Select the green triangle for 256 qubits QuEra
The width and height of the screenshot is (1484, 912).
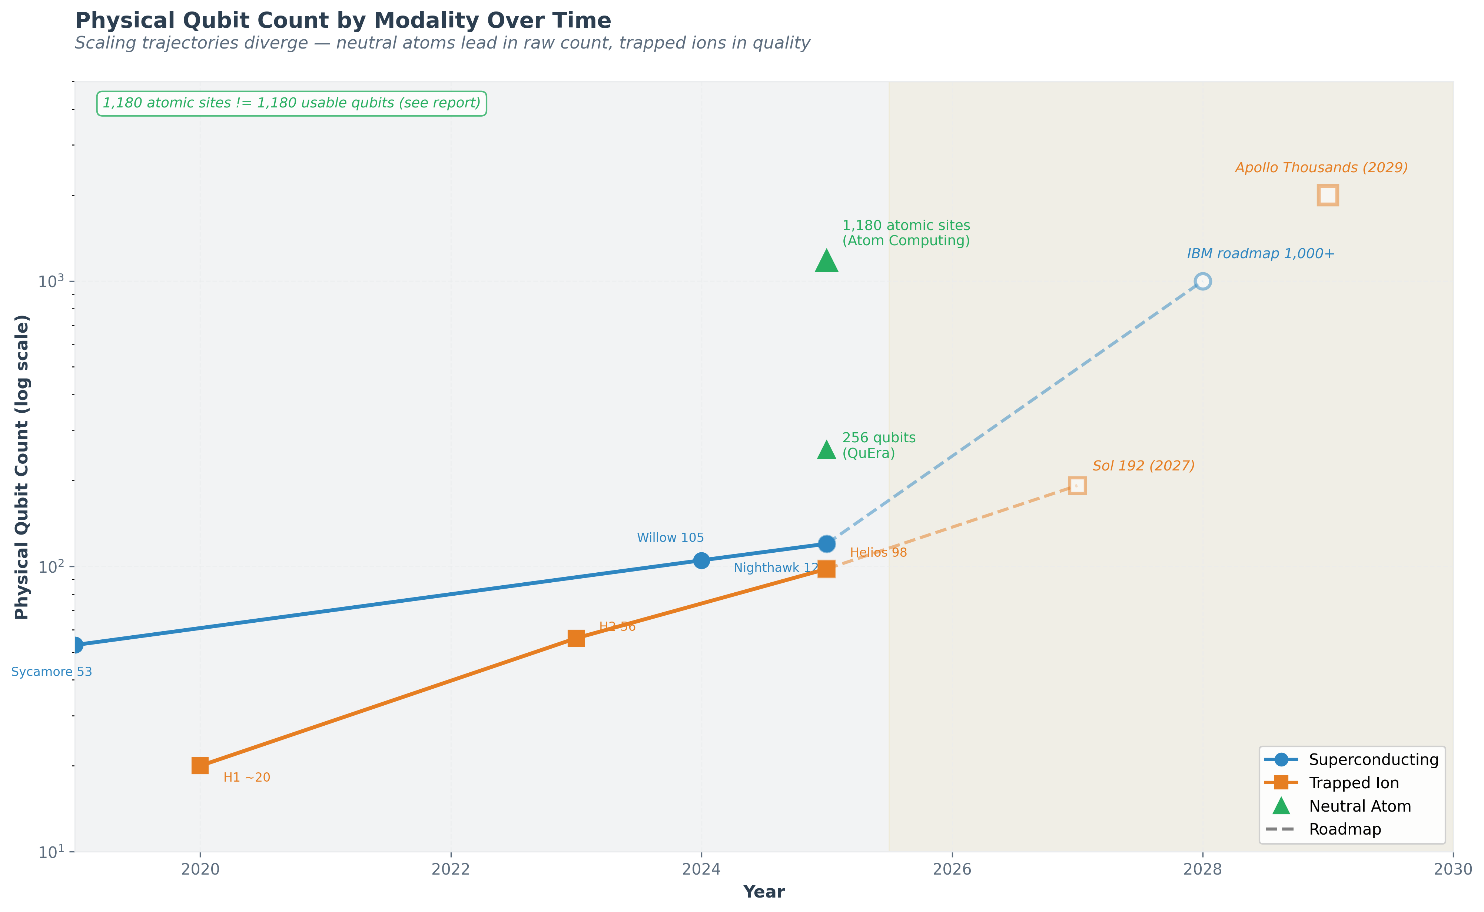pyautogui.click(x=826, y=450)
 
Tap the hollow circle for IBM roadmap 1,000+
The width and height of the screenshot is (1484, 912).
pyautogui.click(x=1202, y=281)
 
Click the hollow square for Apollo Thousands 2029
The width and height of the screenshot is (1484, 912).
pyautogui.click(x=1328, y=196)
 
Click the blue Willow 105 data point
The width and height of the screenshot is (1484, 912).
pyautogui.click(x=701, y=560)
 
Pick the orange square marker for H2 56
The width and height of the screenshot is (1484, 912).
pyautogui.click(x=576, y=638)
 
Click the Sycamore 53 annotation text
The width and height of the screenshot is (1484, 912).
pyautogui.click(x=52, y=672)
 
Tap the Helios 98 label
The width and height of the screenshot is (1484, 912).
pyautogui.click(x=878, y=553)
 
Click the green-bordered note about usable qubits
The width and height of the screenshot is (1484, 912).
pyautogui.click(x=291, y=103)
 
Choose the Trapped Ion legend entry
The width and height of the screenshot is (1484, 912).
pyautogui.click(x=1353, y=783)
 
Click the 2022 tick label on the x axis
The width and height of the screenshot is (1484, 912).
pyautogui.click(x=451, y=869)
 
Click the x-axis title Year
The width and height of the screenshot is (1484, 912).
pyautogui.click(x=764, y=892)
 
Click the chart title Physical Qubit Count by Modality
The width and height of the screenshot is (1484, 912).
pyautogui.click(x=343, y=20)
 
